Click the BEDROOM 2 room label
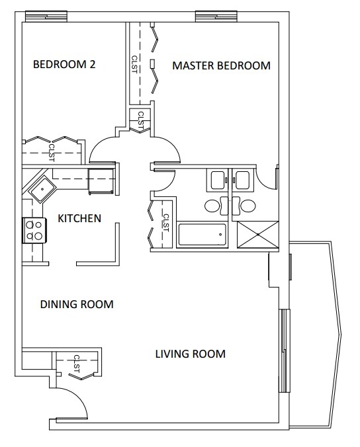click(64, 65)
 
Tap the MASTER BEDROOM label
click(221, 65)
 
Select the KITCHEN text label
click(79, 218)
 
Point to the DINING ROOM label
click(77, 305)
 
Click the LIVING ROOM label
click(190, 354)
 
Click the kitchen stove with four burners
click(34, 230)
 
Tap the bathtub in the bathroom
click(202, 235)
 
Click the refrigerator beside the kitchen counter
click(101, 181)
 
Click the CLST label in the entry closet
click(77, 364)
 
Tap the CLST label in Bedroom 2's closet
click(51, 153)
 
